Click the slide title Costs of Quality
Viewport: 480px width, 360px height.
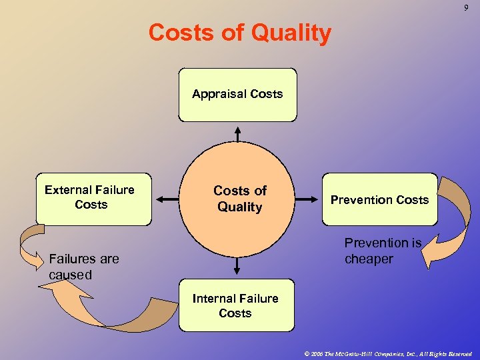click(239, 33)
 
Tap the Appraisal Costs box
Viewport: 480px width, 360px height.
click(237, 95)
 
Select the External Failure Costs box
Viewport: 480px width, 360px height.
click(93, 199)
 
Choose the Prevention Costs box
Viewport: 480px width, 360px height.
click(379, 199)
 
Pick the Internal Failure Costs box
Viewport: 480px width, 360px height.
click(236, 305)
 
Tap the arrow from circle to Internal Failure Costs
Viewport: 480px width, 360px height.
click(237, 266)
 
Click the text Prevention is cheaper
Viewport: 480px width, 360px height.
click(382, 251)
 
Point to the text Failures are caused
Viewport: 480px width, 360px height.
click(83, 266)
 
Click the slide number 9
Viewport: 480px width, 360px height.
click(466, 7)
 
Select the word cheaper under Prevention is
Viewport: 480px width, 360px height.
click(369, 259)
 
